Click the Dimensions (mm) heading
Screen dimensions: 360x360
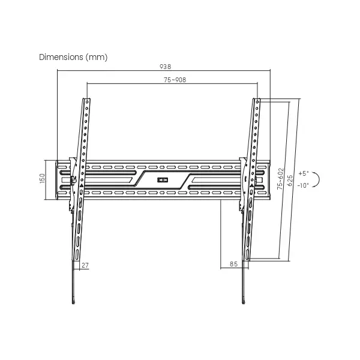[x=73, y=57]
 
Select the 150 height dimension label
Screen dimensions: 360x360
[x=43, y=179]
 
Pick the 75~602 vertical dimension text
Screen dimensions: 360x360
[x=280, y=179]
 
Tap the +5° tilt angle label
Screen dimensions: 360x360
[x=302, y=173]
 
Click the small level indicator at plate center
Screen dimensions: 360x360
[x=163, y=179]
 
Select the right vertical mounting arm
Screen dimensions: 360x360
[x=250, y=180]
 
